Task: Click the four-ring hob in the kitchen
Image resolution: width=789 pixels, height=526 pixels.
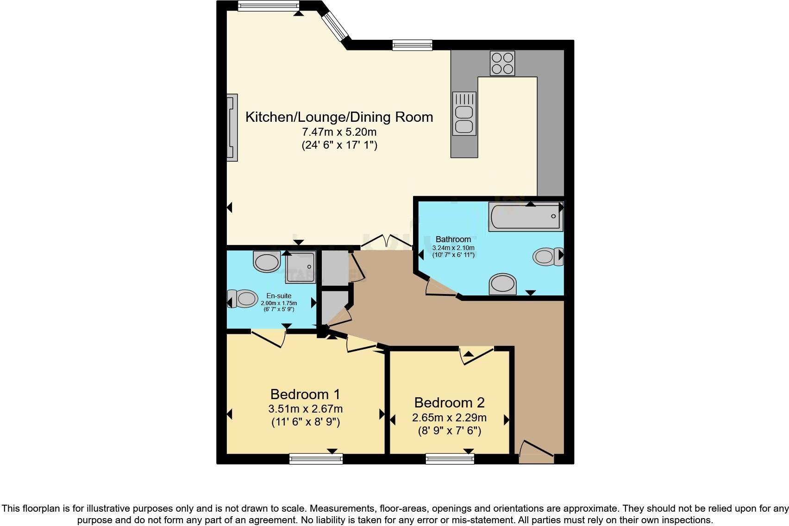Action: pos(502,63)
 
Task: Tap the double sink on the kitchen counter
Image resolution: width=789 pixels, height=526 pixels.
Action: pos(464,113)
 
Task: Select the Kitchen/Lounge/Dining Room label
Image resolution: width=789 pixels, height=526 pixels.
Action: pos(339,117)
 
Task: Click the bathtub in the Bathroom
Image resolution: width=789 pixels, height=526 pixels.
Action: pos(526,217)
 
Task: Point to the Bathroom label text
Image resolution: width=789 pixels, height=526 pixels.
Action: pos(453,239)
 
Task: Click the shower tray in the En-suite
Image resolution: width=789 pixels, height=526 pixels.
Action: pos(300,267)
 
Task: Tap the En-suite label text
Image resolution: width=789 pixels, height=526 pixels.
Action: pos(279,296)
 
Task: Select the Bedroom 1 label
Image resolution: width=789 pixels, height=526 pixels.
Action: pos(305,394)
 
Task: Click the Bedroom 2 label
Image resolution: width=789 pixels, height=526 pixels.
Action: pos(449,403)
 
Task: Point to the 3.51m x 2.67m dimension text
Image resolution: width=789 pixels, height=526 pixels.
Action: pos(305,409)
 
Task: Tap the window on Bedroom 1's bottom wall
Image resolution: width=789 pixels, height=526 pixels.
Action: pos(316,459)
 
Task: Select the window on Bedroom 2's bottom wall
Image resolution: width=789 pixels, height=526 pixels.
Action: pos(450,459)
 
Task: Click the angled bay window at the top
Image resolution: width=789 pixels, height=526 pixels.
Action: pos(335,25)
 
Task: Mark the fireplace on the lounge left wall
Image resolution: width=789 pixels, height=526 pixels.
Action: pos(232,128)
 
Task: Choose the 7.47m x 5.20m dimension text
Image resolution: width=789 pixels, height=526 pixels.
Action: pos(339,132)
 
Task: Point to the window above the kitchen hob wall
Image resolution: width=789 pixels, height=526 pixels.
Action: pos(412,45)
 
